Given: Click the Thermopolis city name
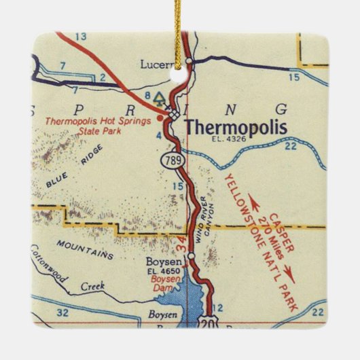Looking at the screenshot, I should point(236,128).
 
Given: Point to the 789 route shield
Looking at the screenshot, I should point(170,161).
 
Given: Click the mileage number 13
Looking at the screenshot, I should point(82,36).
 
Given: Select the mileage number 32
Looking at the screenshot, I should point(62,313).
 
